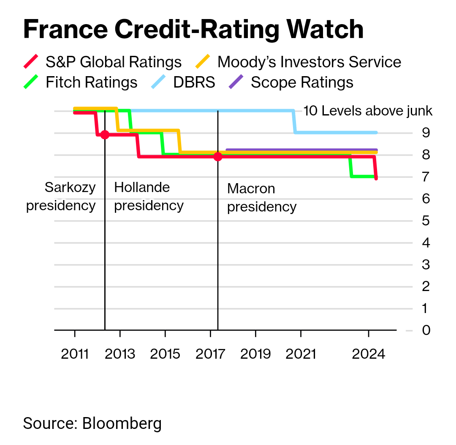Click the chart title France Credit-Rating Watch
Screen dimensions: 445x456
point(193,30)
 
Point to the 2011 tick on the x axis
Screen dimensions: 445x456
point(75,353)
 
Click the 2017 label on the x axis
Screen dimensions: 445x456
point(210,353)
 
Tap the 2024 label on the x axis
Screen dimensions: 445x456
point(369,353)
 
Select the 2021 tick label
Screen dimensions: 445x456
point(301,353)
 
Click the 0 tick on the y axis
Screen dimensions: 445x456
point(426,330)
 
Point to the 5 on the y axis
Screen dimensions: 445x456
point(426,221)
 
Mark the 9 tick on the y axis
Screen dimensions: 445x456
point(426,133)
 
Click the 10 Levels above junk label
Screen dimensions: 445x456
point(368,111)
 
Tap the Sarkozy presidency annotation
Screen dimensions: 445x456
point(61,196)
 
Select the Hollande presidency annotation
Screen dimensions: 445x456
point(149,196)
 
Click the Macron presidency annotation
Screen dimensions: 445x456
point(262,198)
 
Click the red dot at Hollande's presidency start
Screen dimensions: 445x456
point(105,135)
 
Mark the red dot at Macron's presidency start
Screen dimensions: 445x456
point(217,157)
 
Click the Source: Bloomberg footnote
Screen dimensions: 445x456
point(92,423)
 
